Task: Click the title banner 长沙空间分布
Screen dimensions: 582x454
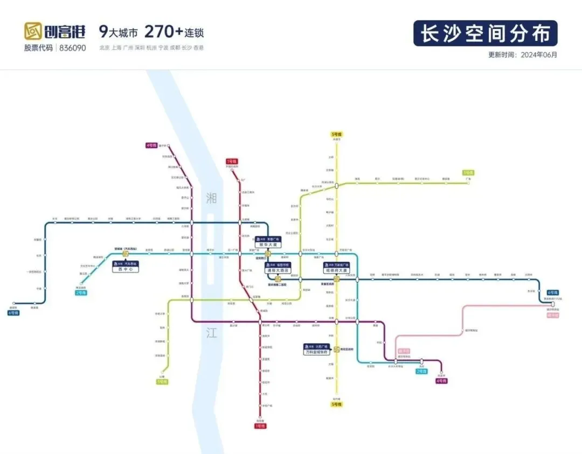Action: [x=485, y=33]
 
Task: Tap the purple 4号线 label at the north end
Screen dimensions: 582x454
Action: [x=151, y=145]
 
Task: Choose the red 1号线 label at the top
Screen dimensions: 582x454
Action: [x=231, y=161]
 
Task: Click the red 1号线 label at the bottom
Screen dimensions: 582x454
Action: [x=260, y=426]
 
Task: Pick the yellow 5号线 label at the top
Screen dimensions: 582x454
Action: [x=337, y=134]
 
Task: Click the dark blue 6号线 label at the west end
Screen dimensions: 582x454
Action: [x=13, y=312]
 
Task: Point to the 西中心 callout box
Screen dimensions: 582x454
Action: [x=125, y=266]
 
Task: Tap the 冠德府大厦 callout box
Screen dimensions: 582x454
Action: [x=337, y=268]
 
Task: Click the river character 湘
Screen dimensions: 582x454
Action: [x=211, y=198]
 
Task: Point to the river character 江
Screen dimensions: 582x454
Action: [x=211, y=333]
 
